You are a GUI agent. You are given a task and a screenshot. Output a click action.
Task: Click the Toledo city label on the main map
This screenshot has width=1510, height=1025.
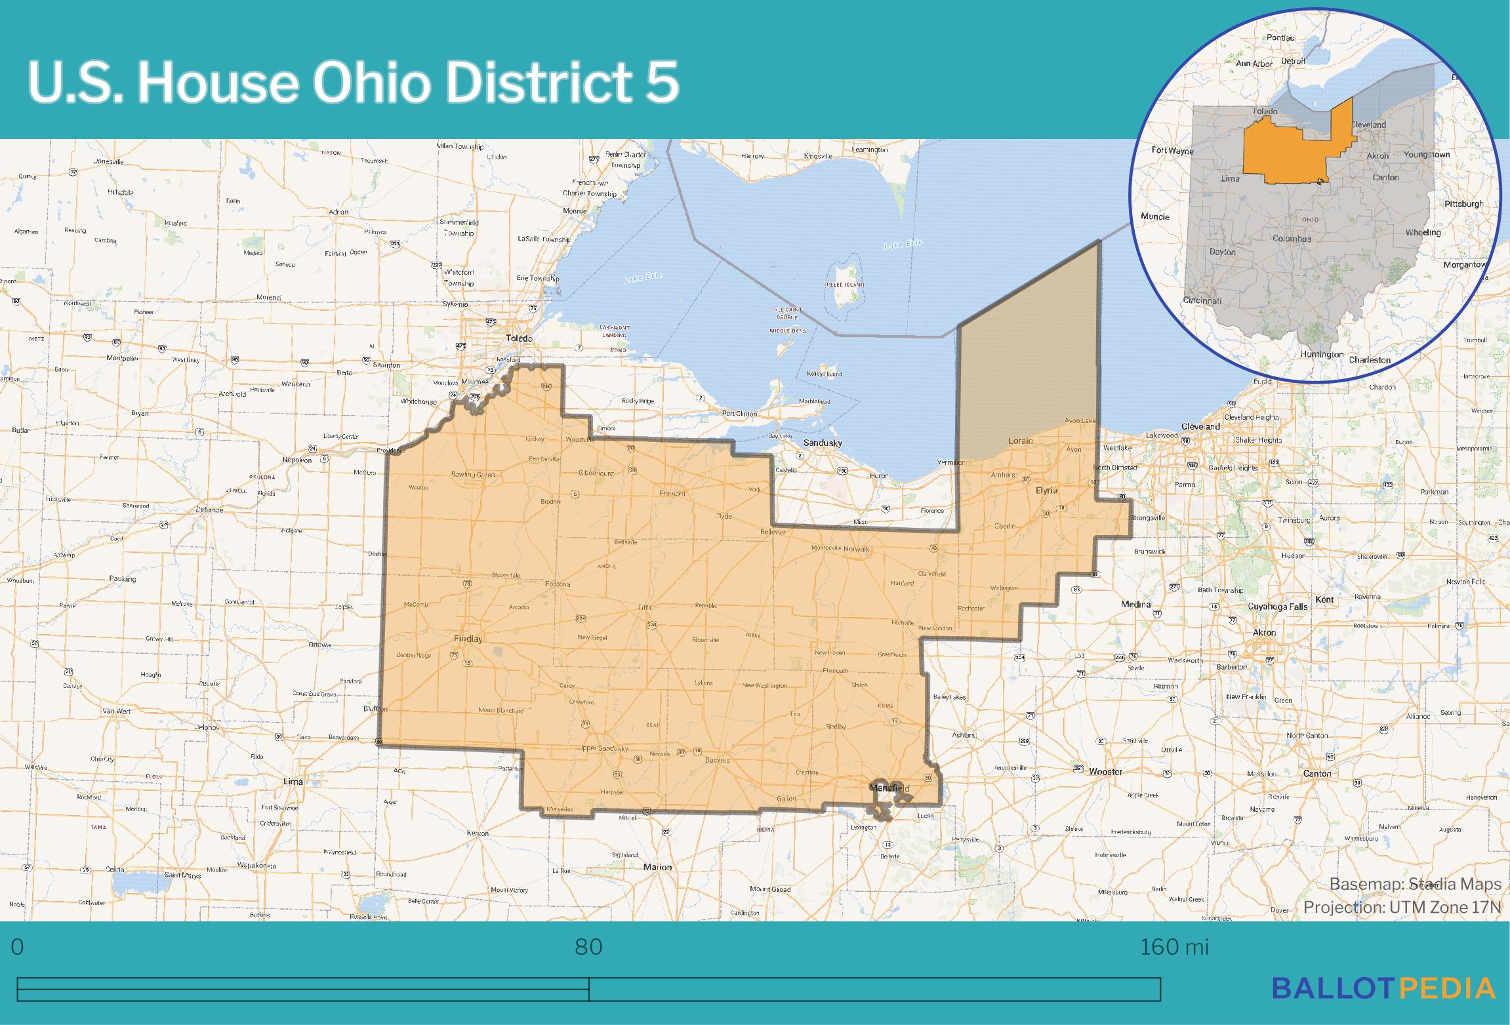click(518, 338)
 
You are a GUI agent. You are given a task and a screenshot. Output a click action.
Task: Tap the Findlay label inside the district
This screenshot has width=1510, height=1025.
click(468, 639)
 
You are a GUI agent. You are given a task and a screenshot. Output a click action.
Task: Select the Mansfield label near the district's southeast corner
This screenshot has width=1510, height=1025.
click(889, 788)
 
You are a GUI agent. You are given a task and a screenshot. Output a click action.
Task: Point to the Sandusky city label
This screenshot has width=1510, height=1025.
click(823, 443)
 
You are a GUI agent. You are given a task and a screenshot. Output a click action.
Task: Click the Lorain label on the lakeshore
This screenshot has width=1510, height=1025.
click(1020, 441)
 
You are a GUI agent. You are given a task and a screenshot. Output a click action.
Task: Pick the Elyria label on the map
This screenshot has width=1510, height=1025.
click(1046, 491)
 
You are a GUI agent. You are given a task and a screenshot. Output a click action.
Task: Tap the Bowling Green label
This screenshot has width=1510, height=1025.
click(473, 474)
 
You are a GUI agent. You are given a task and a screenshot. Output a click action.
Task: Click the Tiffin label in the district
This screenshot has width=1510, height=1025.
click(645, 608)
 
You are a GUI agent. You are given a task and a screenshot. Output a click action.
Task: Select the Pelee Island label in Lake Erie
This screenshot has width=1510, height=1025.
click(845, 285)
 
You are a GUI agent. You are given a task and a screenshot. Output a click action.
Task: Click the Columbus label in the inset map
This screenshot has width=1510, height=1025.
click(1292, 239)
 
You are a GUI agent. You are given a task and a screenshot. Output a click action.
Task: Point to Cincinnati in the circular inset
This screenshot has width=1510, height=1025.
click(1202, 301)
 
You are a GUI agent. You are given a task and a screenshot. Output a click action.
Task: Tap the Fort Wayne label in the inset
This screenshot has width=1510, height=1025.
click(1173, 151)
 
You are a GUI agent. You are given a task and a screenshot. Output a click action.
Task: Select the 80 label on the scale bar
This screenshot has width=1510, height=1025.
click(588, 948)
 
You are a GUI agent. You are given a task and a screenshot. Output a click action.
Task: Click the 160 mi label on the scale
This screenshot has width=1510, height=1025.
click(1173, 948)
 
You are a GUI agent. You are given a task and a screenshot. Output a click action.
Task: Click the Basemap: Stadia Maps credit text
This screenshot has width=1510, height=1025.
click(1415, 885)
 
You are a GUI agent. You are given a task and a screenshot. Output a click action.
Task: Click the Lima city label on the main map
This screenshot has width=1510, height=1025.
click(293, 782)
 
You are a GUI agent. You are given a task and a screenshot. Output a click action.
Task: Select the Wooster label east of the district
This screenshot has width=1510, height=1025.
click(1105, 772)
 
